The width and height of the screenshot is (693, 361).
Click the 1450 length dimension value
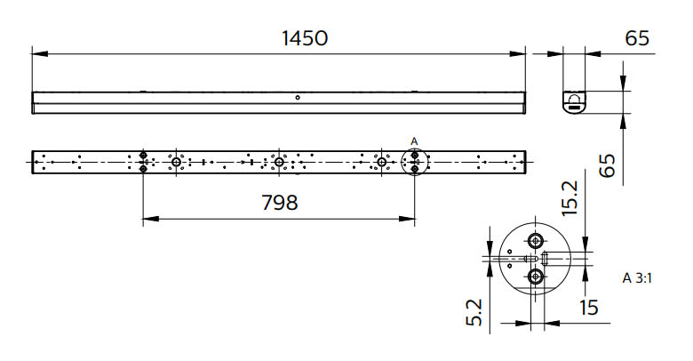[x=305, y=38]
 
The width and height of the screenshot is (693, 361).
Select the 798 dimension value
[x=280, y=203]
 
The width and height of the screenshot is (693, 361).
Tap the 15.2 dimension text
[x=570, y=197]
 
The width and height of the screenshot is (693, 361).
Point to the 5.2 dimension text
[x=474, y=313]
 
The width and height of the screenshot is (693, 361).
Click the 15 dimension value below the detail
[x=589, y=308]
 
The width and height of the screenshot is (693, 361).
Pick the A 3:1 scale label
[x=637, y=278]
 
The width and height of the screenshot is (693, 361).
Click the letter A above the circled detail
[x=414, y=141]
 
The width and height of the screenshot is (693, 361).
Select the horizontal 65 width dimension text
[x=637, y=38]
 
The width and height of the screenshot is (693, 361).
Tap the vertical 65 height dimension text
[x=607, y=165]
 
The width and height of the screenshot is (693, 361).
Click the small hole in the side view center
[x=298, y=97]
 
